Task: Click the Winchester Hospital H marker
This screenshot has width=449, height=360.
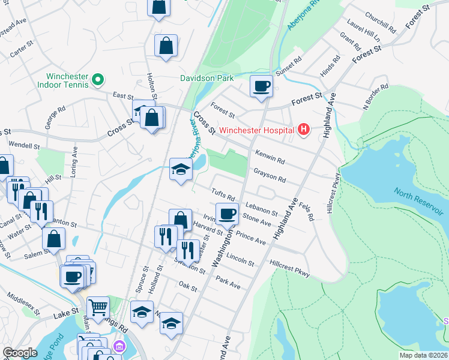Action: pos(304,130)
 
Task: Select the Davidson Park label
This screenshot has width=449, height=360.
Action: pos(207,78)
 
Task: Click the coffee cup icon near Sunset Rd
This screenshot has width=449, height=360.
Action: pos(261,87)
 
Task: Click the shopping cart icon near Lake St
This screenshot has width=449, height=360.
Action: pos(98,308)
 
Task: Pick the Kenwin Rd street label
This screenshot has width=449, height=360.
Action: pos(270,157)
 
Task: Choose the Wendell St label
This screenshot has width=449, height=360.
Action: pos(24,145)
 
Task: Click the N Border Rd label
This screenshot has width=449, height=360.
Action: pos(375,99)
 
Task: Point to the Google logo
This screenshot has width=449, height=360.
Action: pos(20,353)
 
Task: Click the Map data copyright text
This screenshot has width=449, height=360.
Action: pos(423,355)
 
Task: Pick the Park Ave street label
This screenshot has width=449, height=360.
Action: pos(228,283)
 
